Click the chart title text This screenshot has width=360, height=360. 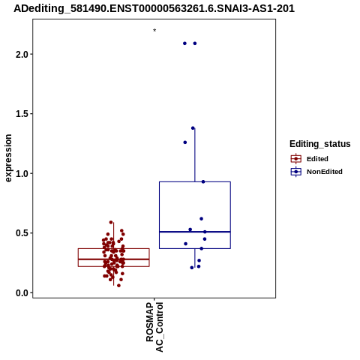pyautogui.click(x=154, y=9)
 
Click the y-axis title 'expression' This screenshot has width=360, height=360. pyautogui.click(x=8, y=158)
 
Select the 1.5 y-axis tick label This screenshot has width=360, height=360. pyautogui.click(x=22, y=114)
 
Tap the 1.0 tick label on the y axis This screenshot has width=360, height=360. pyautogui.click(x=22, y=173)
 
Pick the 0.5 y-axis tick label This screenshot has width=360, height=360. pyautogui.click(x=22, y=233)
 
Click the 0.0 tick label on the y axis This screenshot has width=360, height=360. pyautogui.click(x=22, y=292)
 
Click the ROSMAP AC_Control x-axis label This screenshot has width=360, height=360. pyautogui.click(x=154, y=327)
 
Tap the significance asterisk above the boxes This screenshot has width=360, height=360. pyautogui.click(x=154, y=31)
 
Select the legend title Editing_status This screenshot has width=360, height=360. pyautogui.click(x=320, y=144)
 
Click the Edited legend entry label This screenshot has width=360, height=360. pyautogui.click(x=317, y=159)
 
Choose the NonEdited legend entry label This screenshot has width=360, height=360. pyautogui.click(x=325, y=172)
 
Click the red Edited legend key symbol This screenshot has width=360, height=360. pyautogui.click(x=296, y=159)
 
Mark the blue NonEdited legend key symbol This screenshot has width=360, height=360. pyautogui.click(x=296, y=172)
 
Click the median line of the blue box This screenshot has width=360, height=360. pyautogui.click(x=195, y=232)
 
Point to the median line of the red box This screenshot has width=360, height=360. pyautogui.click(x=114, y=259)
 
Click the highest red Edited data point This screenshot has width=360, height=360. pyautogui.click(x=111, y=222)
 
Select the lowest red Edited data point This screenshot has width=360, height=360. pyautogui.click(x=118, y=286)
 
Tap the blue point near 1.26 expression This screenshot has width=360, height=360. pyautogui.click(x=185, y=142)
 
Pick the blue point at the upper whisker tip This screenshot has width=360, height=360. pyautogui.click(x=193, y=128)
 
